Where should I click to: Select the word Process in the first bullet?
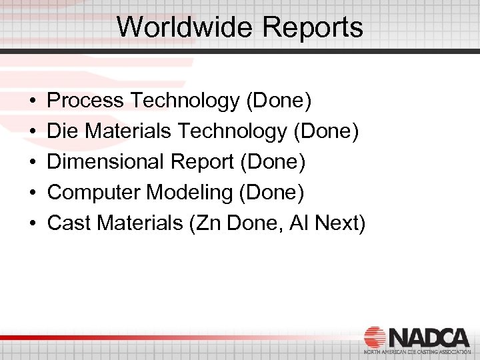(x=86, y=101)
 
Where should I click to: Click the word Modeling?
(x=189, y=193)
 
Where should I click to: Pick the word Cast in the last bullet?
(x=69, y=223)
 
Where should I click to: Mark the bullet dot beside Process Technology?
(x=33, y=101)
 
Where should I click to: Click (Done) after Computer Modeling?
(x=271, y=193)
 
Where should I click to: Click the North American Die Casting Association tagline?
(x=416, y=351)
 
